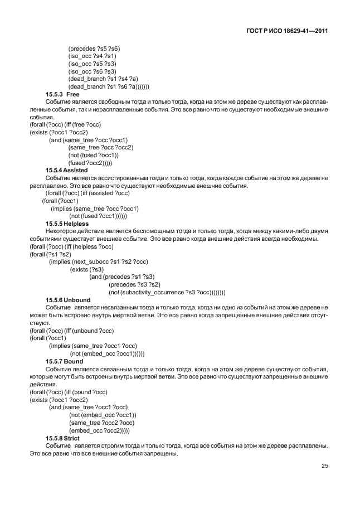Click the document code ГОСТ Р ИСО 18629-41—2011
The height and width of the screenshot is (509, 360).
pos(286,32)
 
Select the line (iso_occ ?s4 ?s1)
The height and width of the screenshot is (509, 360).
pos(92,56)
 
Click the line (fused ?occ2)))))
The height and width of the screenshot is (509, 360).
pos(91,163)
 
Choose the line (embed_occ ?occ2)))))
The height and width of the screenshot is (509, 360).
pos(99,430)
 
